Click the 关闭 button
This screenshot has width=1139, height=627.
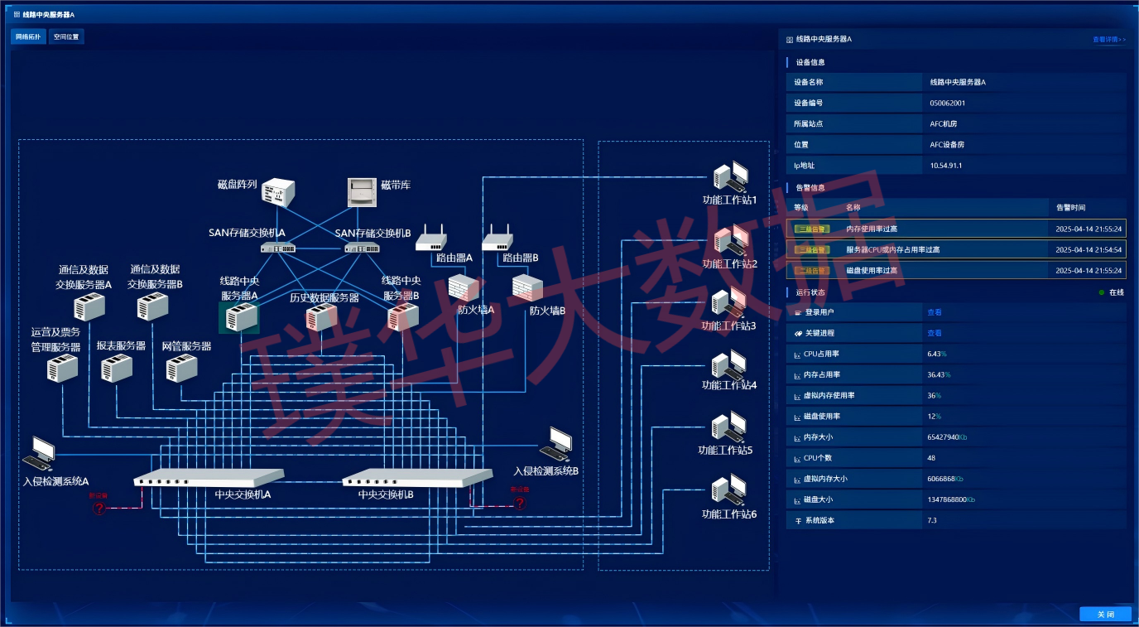click(x=1105, y=614)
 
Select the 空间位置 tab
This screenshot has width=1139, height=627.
click(x=66, y=36)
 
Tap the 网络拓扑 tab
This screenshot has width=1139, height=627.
click(x=28, y=36)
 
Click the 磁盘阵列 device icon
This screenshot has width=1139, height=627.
click(x=279, y=192)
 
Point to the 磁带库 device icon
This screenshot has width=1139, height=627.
click(x=362, y=192)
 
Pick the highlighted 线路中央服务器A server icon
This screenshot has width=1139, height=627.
click(x=239, y=317)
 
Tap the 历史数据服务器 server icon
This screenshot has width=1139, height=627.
click(x=321, y=317)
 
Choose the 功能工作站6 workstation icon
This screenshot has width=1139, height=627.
click(x=729, y=491)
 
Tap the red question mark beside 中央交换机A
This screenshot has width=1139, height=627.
click(x=99, y=508)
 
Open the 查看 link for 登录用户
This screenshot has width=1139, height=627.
click(x=934, y=312)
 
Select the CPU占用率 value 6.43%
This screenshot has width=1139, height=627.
click(x=937, y=354)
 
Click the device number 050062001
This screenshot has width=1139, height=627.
click(x=948, y=104)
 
